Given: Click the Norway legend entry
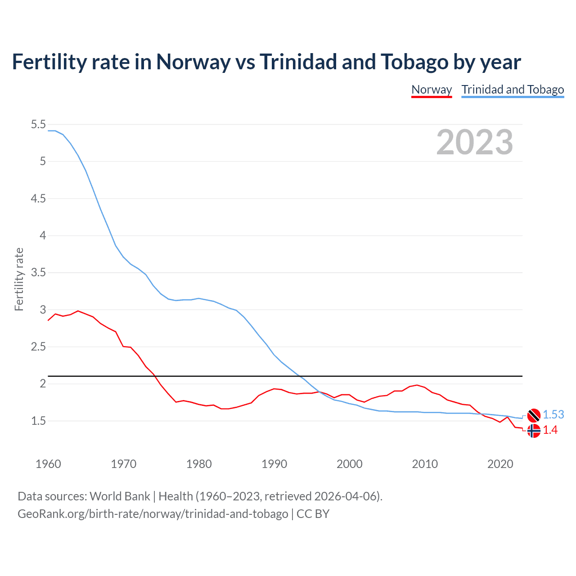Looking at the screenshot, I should click(432, 90).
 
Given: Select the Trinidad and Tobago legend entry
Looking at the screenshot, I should click(513, 90).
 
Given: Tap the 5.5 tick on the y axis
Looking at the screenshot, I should click(38, 125).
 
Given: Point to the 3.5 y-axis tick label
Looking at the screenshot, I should click(38, 273).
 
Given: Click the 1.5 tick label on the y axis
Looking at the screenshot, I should click(38, 421).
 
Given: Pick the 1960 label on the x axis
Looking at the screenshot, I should click(48, 464).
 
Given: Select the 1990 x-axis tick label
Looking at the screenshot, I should click(274, 464).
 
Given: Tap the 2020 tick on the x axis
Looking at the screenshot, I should click(500, 464).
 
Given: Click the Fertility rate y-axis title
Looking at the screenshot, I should click(19, 279).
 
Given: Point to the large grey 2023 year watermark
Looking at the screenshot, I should click(474, 142).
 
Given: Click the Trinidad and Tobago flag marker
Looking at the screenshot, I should click(534, 415).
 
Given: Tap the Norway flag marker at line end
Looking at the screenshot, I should click(534, 431).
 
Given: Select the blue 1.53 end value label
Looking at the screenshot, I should click(553, 415).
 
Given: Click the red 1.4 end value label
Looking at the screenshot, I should click(550, 430).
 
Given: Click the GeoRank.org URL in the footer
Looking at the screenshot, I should click(153, 513).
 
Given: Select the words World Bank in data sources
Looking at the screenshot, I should click(120, 496).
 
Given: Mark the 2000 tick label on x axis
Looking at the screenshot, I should click(349, 464).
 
